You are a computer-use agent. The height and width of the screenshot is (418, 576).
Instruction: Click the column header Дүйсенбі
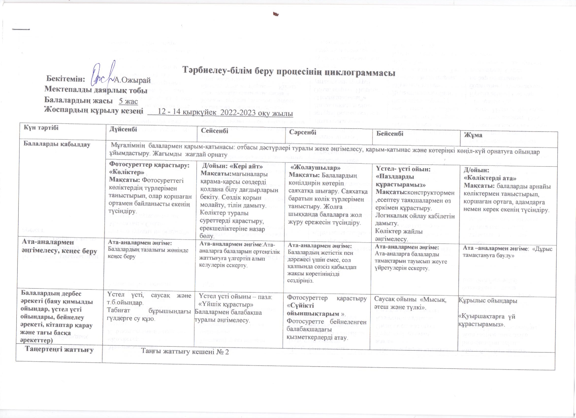coord(123,129)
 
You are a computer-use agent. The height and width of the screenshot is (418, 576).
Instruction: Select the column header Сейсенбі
coord(215,131)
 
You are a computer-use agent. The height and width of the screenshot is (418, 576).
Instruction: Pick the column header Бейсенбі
coord(390,134)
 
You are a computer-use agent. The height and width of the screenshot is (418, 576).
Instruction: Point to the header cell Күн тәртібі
coord(41,128)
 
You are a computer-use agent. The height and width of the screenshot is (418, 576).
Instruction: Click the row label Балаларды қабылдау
coord(57,144)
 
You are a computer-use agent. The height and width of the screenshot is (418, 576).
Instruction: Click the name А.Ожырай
coord(132,80)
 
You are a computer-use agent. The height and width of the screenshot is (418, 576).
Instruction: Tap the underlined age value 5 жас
coord(128,101)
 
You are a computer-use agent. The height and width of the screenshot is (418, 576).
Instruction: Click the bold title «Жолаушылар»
coord(315,168)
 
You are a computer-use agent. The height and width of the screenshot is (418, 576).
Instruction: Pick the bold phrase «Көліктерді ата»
coord(490,178)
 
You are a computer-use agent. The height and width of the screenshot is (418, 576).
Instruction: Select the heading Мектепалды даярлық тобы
coord(96,90)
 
